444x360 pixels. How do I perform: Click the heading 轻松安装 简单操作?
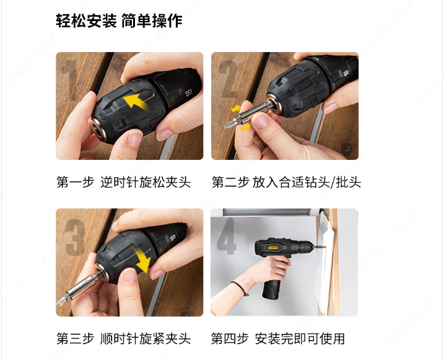pos(119,20)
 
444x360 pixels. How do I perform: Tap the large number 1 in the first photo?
pos(70,80)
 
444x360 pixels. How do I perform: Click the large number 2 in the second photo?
pos(229,79)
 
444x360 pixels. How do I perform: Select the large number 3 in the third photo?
pos(75,237)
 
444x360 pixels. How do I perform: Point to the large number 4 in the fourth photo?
pos(227,236)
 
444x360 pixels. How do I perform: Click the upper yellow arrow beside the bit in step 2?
pos(235,108)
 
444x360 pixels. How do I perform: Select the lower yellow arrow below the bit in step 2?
pos(245,128)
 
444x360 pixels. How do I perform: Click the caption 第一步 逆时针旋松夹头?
pos(124,182)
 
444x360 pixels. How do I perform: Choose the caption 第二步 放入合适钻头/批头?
pos(286,182)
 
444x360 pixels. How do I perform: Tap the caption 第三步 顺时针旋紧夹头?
pos(124,338)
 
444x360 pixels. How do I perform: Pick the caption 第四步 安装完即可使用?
pos(278,338)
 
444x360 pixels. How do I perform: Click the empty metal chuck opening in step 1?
pos(98,129)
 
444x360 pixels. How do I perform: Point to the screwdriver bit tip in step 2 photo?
pos(227,125)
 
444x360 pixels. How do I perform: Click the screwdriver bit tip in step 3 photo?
pos(58,304)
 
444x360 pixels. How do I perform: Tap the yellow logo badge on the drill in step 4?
pos(273,248)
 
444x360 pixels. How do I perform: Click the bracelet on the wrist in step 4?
pos(240,288)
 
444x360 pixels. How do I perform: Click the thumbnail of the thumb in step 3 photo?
pos(129,276)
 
